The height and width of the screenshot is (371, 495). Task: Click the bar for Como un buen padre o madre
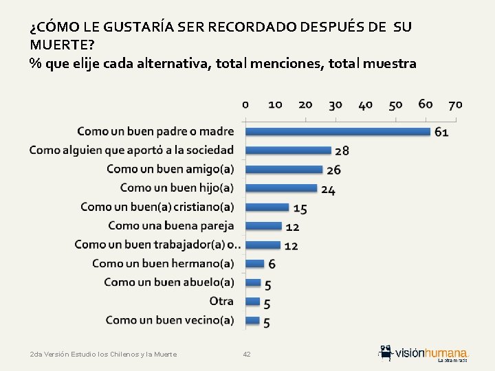[x=338, y=131]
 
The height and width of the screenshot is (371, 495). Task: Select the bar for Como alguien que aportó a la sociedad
[x=288, y=150]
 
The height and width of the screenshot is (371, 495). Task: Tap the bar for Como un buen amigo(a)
[x=284, y=169]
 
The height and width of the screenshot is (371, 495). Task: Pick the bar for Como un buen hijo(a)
[x=281, y=188]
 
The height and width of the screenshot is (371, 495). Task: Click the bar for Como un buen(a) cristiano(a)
[x=267, y=207]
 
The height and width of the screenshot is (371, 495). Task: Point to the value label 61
[x=441, y=132]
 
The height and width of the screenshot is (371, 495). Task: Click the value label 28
[x=342, y=150]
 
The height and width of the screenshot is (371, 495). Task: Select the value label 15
[x=300, y=208]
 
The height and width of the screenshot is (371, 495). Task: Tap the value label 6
[x=272, y=264]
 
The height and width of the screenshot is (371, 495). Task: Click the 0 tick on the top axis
[x=245, y=104]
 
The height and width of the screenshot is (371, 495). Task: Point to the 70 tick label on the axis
[x=455, y=104]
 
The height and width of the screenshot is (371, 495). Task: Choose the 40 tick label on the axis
[x=365, y=104]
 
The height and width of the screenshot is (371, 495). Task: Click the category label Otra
[x=221, y=301]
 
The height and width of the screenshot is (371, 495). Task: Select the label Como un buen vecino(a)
[x=170, y=319]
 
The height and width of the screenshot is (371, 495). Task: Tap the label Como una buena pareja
[x=170, y=225]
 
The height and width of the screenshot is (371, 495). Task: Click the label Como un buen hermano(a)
[x=163, y=263]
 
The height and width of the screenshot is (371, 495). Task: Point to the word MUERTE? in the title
[x=62, y=45]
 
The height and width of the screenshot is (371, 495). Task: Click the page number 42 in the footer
[x=247, y=354]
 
